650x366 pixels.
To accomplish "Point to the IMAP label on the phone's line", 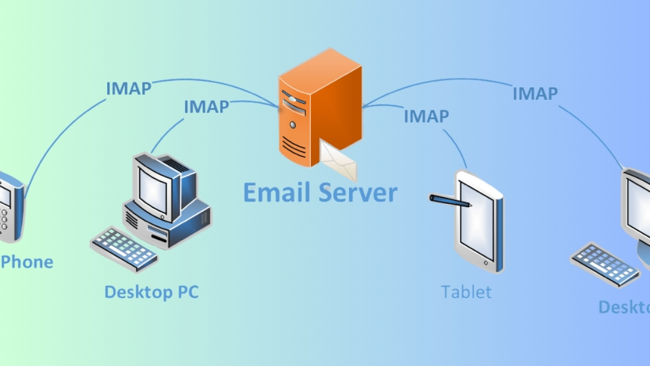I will pyautogui.click(x=128, y=88).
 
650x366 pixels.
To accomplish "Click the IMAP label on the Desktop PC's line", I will pyautogui.click(x=206, y=106).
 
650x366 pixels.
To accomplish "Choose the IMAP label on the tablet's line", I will pyautogui.click(x=426, y=116).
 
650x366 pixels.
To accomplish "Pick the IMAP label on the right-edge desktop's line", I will pyautogui.click(x=535, y=93).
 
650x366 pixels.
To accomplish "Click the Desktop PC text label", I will pyautogui.click(x=152, y=292).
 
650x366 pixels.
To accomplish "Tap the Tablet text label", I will pyautogui.click(x=466, y=292).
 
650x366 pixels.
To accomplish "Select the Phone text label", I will pyautogui.click(x=28, y=262).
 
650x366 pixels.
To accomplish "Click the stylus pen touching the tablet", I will pyautogui.click(x=450, y=201).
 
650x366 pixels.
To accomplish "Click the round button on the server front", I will pyautogui.click(x=292, y=125).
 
